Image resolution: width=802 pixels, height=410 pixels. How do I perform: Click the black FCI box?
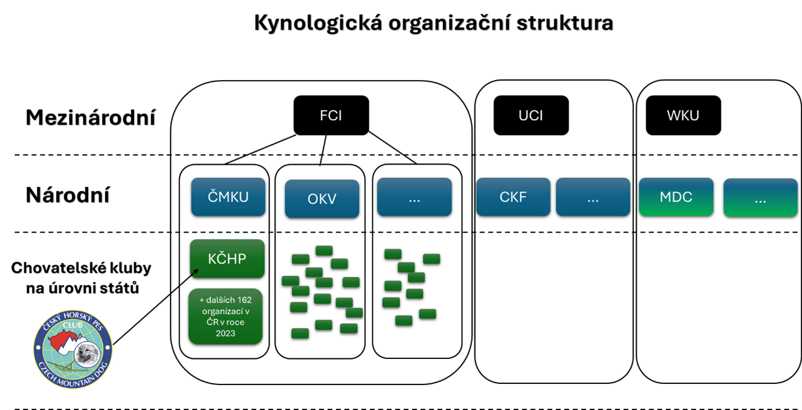331,115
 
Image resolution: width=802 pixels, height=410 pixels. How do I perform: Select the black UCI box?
531,115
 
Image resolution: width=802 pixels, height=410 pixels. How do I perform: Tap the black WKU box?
683,115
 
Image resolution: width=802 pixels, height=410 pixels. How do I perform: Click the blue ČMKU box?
228,197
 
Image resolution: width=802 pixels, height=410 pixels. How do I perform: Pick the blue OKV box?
321,199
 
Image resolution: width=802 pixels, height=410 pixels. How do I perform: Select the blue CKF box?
513,197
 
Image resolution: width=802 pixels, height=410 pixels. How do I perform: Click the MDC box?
676,197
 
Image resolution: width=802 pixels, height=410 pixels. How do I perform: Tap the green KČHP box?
227,259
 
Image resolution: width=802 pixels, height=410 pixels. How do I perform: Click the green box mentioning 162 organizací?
226,317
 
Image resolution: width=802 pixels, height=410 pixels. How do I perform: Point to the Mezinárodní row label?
91,118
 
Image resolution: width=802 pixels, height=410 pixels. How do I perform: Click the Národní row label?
67,195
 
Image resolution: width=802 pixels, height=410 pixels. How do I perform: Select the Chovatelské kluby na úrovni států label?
81,277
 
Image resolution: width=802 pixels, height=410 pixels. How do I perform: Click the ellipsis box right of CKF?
593,197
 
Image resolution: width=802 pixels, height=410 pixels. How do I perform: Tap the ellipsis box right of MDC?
760,198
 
